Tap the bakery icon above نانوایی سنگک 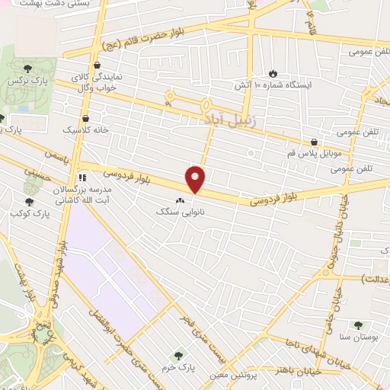[181, 200]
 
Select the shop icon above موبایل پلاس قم [314, 142]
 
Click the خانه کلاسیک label [85, 130]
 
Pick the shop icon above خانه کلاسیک [85, 119]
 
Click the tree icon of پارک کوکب [29, 203]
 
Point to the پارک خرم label [180, 367]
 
